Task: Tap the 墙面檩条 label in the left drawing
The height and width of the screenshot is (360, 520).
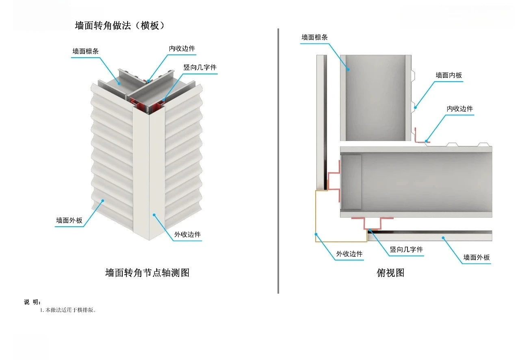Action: pos(85,51)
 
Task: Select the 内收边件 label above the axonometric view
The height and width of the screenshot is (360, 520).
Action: pos(182,48)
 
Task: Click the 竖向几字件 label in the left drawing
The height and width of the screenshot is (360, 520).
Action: pos(200,67)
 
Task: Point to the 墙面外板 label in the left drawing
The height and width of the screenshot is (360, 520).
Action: pos(69,221)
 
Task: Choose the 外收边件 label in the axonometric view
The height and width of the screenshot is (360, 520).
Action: pos(187,234)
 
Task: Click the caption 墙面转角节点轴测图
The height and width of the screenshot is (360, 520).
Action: pos(147,273)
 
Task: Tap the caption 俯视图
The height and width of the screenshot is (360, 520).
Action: pos(390,273)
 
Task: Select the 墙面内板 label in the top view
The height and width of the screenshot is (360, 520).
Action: pos(448,75)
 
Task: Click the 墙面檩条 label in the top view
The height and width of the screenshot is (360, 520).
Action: pos(314,37)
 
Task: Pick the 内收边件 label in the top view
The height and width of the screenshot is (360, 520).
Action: pos(460,109)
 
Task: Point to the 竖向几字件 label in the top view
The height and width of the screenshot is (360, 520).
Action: pos(406,249)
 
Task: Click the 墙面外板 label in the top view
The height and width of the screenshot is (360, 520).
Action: pos(477,257)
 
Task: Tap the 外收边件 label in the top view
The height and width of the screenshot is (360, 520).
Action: pos(349,254)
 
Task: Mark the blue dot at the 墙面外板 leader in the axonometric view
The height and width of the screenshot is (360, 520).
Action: pos(103,200)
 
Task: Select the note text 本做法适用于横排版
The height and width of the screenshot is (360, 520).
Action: pos(68,310)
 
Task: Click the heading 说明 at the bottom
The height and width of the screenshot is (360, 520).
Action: pos(32,302)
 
